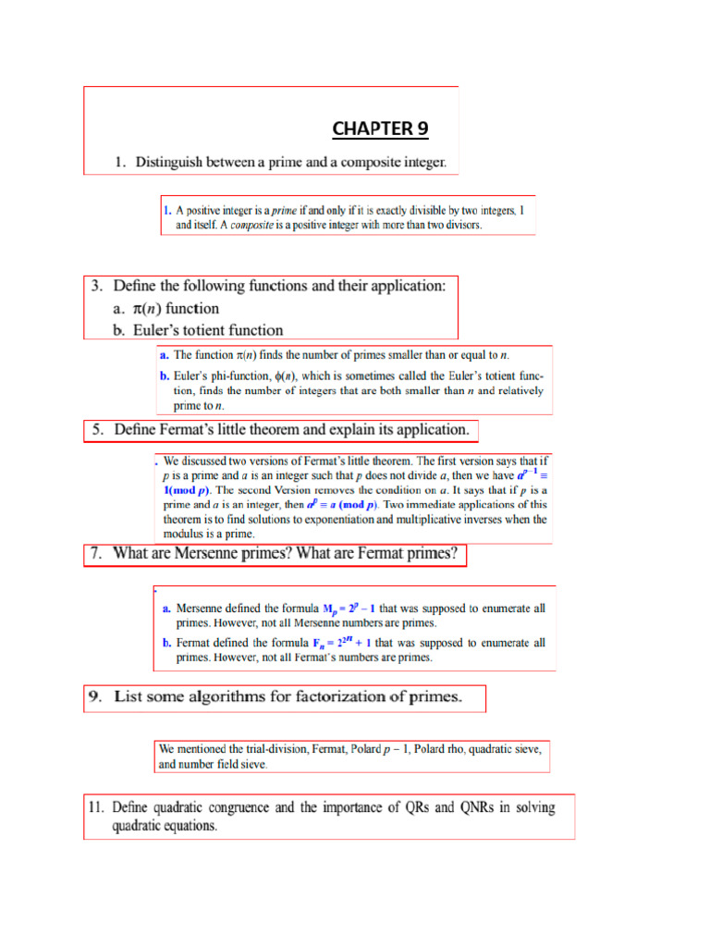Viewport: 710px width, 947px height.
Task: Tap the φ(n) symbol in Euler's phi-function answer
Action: tap(284, 375)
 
